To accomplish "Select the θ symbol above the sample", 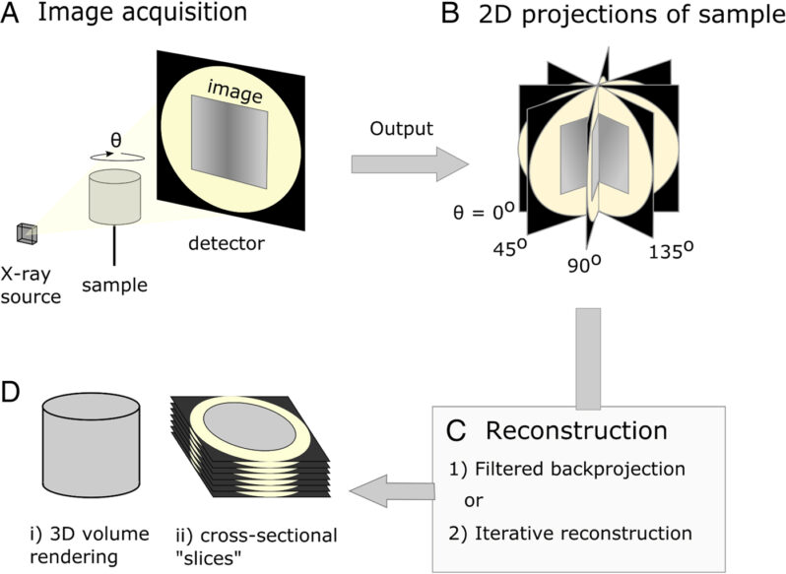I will (115, 141).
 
